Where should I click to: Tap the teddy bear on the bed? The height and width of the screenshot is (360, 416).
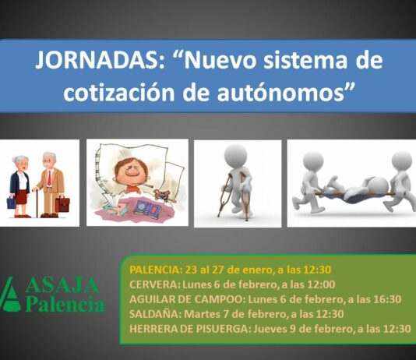[162, 196]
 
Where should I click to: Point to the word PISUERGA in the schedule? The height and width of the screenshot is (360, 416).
[219, 329]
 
